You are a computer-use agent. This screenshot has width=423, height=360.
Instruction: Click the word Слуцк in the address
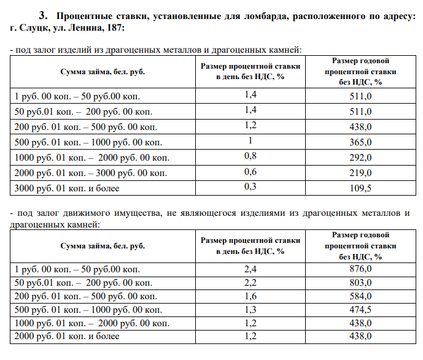click(34, 28)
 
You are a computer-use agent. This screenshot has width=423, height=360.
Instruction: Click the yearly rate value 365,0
click(360, 142)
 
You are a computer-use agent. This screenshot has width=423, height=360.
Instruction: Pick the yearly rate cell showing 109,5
click(360, 188)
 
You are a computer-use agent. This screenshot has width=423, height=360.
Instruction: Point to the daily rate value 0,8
click(250, 156)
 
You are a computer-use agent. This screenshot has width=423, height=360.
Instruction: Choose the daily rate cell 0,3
click(250, 187)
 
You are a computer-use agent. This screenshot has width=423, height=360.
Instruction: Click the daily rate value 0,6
click(250, 172)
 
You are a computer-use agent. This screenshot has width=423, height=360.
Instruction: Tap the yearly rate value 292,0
click(360, 158)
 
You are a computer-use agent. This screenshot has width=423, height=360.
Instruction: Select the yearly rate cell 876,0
click(360, 269)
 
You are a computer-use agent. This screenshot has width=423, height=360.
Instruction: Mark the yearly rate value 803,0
click(360, 283)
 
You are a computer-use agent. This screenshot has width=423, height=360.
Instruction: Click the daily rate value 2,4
click(250, 269)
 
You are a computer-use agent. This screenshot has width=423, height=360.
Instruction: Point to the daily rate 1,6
click(250, 296)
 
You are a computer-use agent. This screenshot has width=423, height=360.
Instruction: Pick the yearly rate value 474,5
click(360, 310)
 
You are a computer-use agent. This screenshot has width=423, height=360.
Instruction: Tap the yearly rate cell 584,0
click(360, 296)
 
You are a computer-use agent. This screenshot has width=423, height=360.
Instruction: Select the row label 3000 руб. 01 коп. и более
click(66, 188)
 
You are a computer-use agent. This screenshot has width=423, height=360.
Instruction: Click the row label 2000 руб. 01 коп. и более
click(66, 336)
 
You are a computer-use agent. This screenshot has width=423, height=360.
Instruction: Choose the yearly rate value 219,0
click(360, 173)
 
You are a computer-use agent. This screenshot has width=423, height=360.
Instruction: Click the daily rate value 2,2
click(250, 283)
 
